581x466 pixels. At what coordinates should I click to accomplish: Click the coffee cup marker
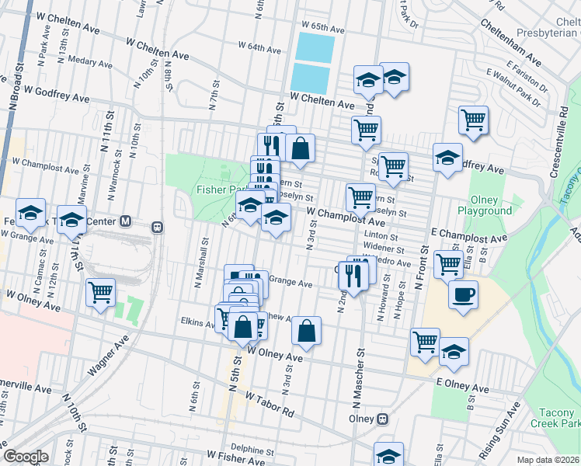463,296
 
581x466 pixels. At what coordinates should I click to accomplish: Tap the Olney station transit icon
382,419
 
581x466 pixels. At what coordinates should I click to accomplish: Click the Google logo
26,457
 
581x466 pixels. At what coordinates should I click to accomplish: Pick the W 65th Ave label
324,29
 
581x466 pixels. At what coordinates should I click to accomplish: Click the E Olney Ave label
464,386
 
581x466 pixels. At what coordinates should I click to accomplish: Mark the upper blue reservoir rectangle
316,47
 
